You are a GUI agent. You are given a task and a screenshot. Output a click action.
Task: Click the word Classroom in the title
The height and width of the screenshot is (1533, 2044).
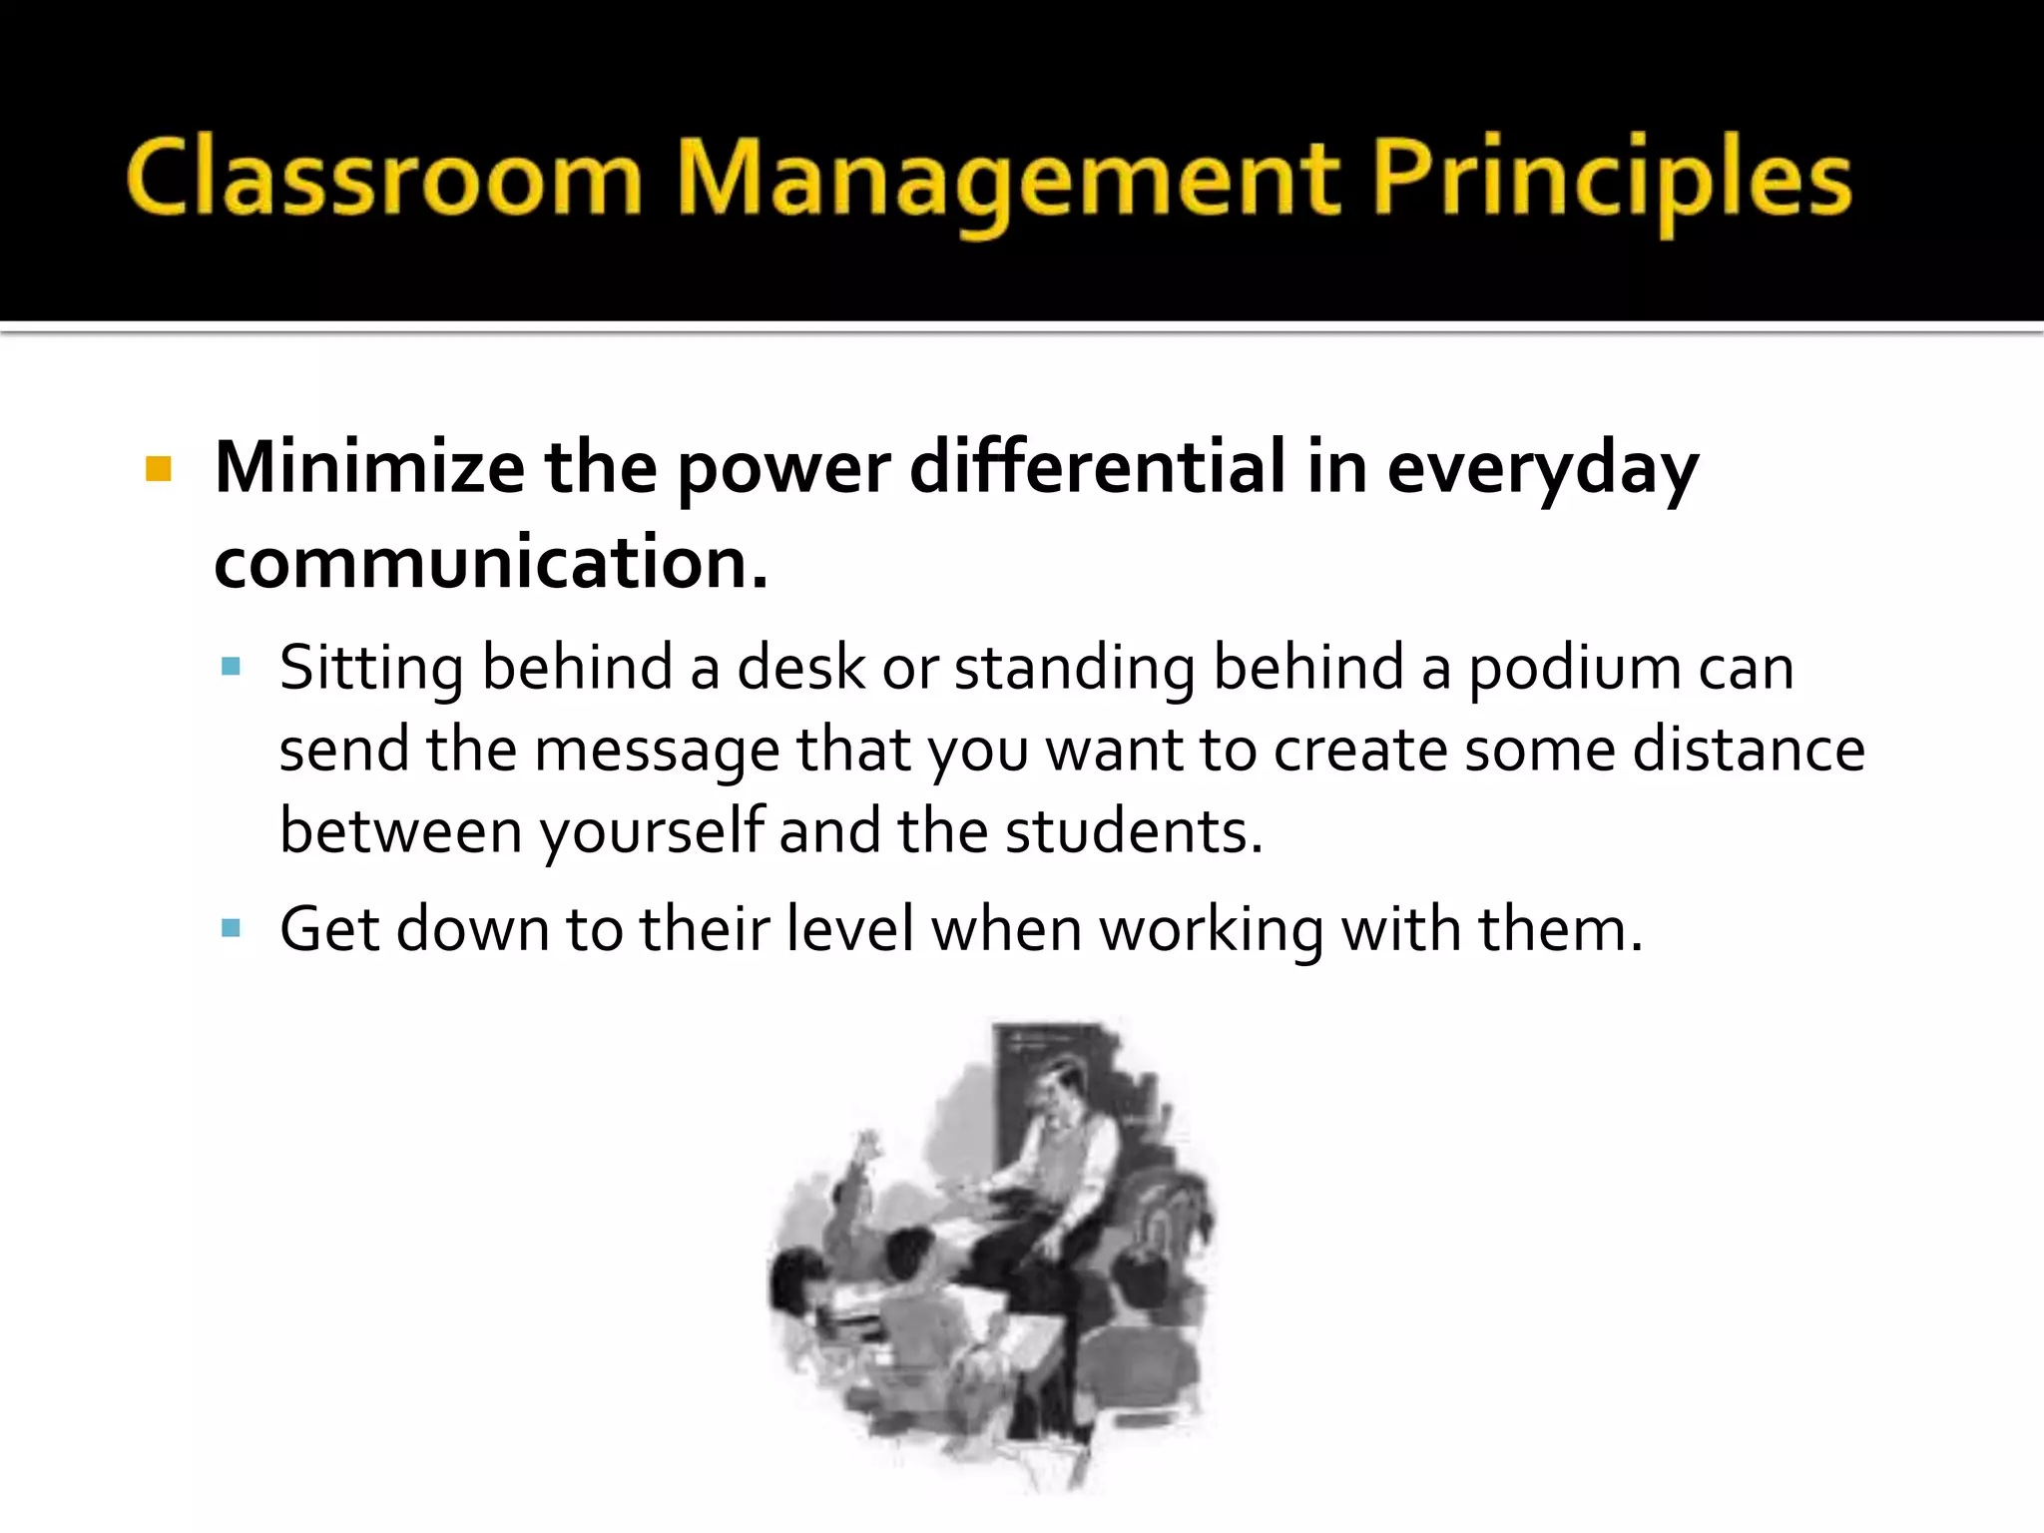pyautogui.click(x=384, y=180)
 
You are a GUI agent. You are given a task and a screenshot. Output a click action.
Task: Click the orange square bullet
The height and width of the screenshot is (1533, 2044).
pyautogui.click(x=159, y=469)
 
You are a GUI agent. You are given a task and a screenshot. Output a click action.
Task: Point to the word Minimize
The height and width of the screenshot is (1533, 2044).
pyautogui.click(x=369, y=467)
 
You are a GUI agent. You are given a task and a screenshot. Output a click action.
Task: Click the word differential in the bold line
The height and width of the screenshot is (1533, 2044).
pyautogui.click(x=1098, y=467)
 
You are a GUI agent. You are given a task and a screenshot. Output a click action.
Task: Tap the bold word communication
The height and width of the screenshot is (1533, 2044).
pyautogui.click(x=489, y=563)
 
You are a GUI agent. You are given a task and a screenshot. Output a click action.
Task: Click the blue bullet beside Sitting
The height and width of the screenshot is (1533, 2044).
pyautogui.click(x=232, y=667)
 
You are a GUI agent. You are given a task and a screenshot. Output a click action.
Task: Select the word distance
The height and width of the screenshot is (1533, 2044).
pyautogui.click(x=1748, y=750)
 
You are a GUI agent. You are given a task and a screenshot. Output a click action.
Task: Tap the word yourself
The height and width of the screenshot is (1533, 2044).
pyautogui.click(x=651, y=831)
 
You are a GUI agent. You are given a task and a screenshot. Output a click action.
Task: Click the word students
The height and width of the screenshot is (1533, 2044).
pyautogui.click(x=1132, y=831)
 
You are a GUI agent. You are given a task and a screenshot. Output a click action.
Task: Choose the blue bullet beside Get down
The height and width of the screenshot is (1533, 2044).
pyautogui.click(x=232, y=929)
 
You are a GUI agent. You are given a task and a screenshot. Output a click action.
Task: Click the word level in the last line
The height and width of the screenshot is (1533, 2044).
pyautogui.click(x=849, y=929)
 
